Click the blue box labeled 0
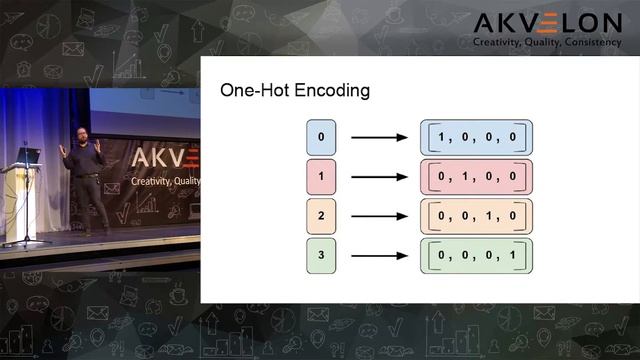320,137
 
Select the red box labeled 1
320,176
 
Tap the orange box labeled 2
320,215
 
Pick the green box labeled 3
320,254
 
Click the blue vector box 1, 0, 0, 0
476,137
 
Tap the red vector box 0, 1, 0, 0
476,176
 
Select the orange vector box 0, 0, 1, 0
476,215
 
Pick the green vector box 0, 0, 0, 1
476,254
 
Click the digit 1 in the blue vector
442,137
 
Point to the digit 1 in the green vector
511,254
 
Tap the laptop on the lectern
28,156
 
